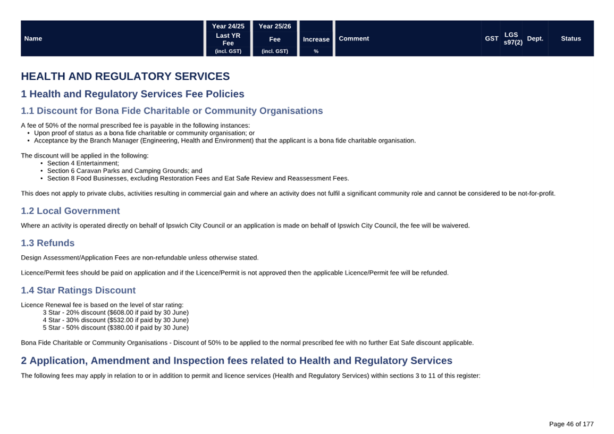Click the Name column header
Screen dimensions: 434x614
pos(33,38)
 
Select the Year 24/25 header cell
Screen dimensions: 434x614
pos(228,26)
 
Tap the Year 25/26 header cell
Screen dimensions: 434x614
pos(275,26)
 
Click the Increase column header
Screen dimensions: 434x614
pos(316,39)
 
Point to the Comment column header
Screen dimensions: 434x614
pos(354,38)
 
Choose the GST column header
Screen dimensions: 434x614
pos(491,38)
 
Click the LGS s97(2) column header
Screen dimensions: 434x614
pos(512,38)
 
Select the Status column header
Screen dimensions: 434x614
pos(570,38)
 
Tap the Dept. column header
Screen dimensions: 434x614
pos(535,38)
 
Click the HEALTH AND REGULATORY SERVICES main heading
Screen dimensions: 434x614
pos(125,77)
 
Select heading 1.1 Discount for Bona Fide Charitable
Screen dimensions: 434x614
pos(172,111)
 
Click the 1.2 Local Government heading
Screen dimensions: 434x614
pos(70,211)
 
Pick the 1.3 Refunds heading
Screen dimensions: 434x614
pos(48,243)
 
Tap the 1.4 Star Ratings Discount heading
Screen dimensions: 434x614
pos(78,290)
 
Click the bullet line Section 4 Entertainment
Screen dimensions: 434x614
pos(83,163)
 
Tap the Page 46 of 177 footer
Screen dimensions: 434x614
pos(571,424)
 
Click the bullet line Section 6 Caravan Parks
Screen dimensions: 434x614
pos(124,171)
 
